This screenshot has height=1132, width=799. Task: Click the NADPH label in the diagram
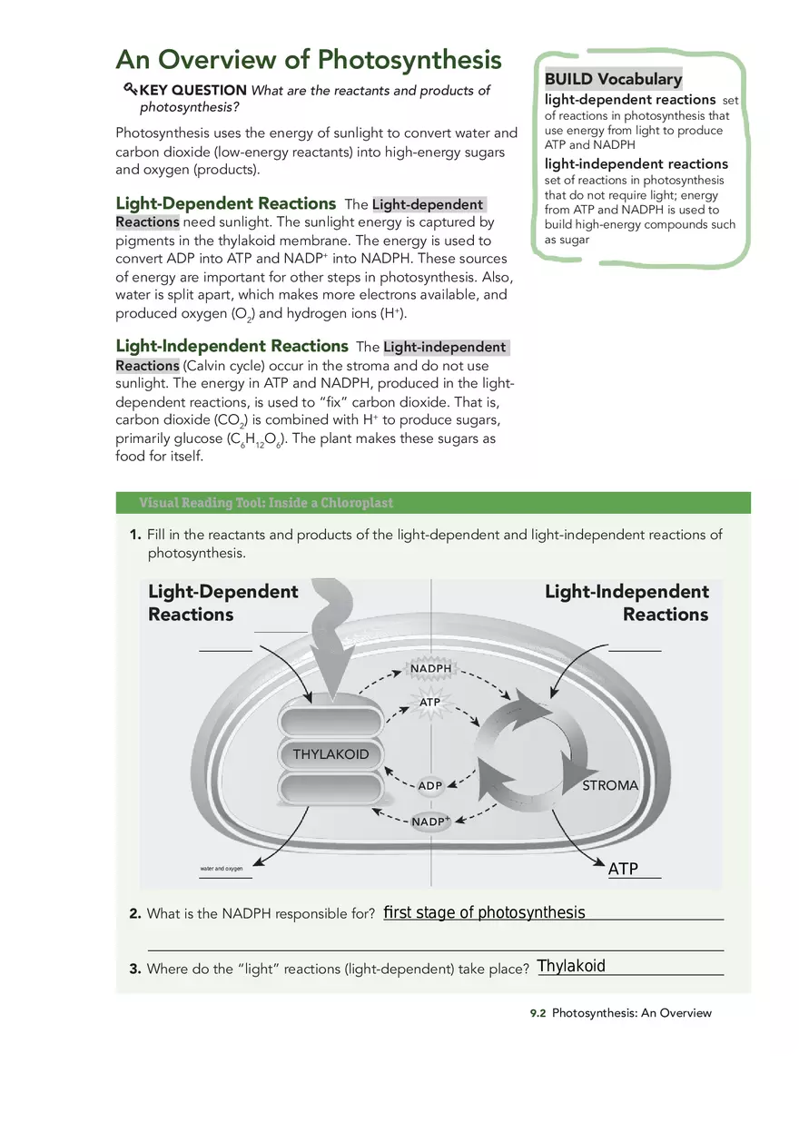click(430, 669)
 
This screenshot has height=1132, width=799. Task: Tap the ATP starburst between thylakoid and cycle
click(429, 703)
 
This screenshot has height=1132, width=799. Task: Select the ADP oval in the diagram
click(429, 785)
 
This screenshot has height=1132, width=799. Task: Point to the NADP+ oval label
click(430, 822)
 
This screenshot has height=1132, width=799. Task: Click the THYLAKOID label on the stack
click(330, 754)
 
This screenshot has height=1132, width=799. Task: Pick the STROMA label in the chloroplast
click(610, 785)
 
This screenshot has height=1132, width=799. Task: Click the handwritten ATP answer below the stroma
click(624, 869)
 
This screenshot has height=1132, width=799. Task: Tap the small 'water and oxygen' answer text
click(222, 870)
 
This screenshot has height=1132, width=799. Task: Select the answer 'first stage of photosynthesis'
click(484, 912)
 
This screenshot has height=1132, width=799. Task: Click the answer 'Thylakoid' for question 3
click(571, 966)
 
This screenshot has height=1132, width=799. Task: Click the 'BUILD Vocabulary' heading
click(613, 79)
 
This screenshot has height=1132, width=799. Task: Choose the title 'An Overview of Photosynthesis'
click(309, 60)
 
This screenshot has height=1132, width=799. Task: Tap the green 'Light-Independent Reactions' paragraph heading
click(232, 346)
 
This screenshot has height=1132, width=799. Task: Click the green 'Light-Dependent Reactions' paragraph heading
click(225, 203)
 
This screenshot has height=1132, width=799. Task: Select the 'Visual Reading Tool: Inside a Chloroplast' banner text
click(266, 503)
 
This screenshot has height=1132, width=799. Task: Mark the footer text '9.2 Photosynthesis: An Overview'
click(621, 1013)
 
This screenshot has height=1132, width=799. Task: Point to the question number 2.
click(134, 914)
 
